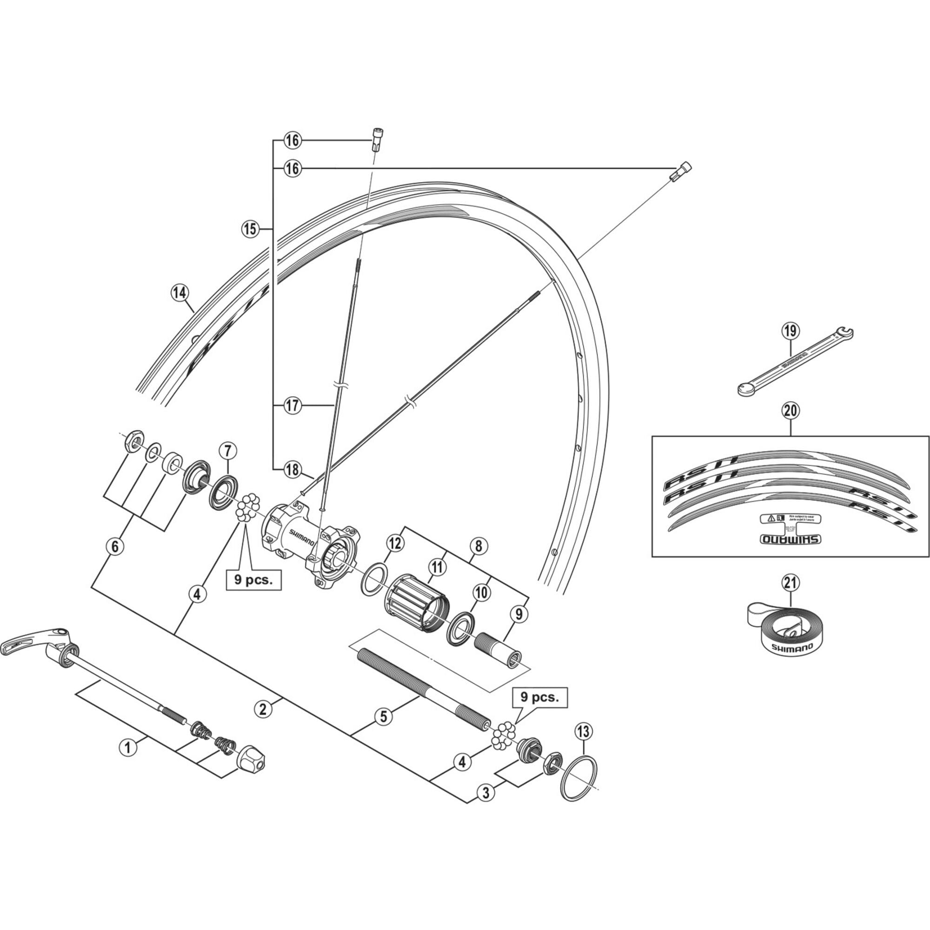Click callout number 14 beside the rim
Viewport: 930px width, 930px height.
[x=180, y=292]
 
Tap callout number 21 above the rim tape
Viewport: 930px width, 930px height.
[x=790, y=583]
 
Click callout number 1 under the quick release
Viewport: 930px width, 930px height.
[x=127, y=761]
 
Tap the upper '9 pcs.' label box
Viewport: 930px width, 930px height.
[x=254, y=579]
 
